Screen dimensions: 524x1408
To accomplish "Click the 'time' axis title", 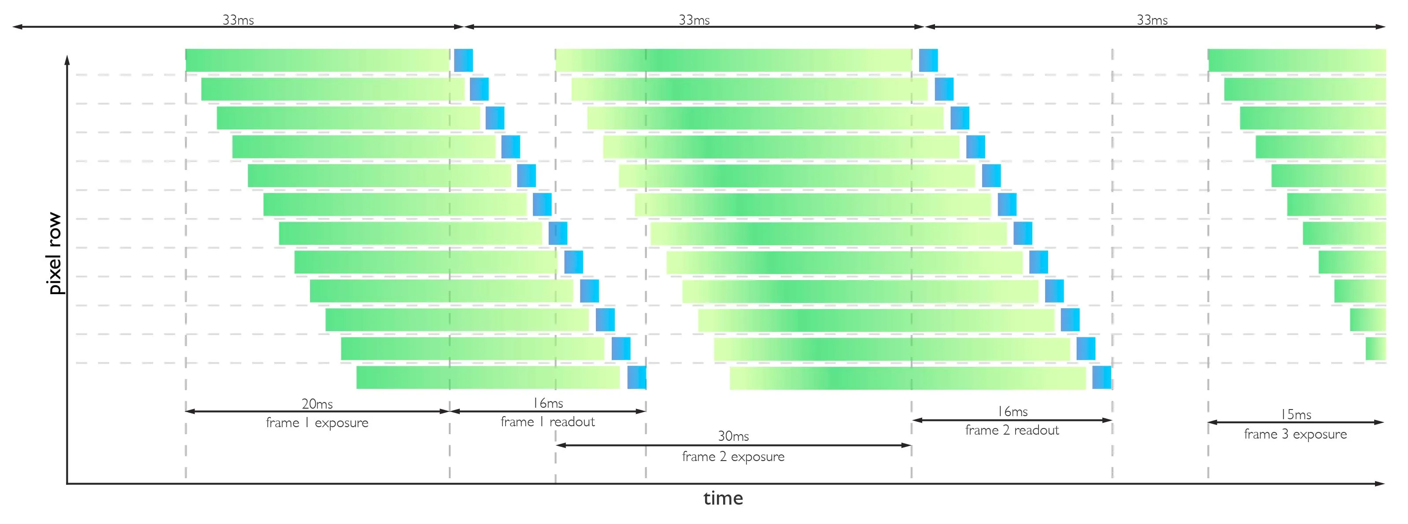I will (723, 498).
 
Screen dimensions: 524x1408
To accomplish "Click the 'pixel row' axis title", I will (55, 254).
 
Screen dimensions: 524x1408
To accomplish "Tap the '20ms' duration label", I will (317, 404).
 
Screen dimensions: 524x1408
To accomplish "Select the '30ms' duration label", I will (733, 436).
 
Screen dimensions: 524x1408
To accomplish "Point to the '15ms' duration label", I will (1295, 414).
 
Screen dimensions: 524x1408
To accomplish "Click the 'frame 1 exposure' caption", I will (317, 423).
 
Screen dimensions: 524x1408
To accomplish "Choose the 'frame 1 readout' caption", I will (548, 422).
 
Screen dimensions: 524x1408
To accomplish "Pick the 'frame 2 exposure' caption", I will (733, 456).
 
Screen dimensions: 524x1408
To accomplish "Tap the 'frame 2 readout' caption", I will (1012, 431).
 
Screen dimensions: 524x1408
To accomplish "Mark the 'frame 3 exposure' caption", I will (1295, 434).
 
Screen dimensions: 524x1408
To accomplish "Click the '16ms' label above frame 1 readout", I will (548, 403).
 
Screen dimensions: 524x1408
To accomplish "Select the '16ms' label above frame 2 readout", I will (1012, 411).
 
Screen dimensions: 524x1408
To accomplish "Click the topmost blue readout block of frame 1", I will (463, 60).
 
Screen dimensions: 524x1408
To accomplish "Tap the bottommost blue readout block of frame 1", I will (637, 377).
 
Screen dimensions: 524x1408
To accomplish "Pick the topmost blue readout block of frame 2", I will (928, 60).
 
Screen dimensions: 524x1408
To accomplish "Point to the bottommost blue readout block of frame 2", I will (1101, 377).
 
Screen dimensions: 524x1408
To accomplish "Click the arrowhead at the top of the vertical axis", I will (67, 59).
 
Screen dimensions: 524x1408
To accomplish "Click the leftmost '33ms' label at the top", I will (238, 20).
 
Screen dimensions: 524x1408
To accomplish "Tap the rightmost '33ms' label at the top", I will (1152, 20).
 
